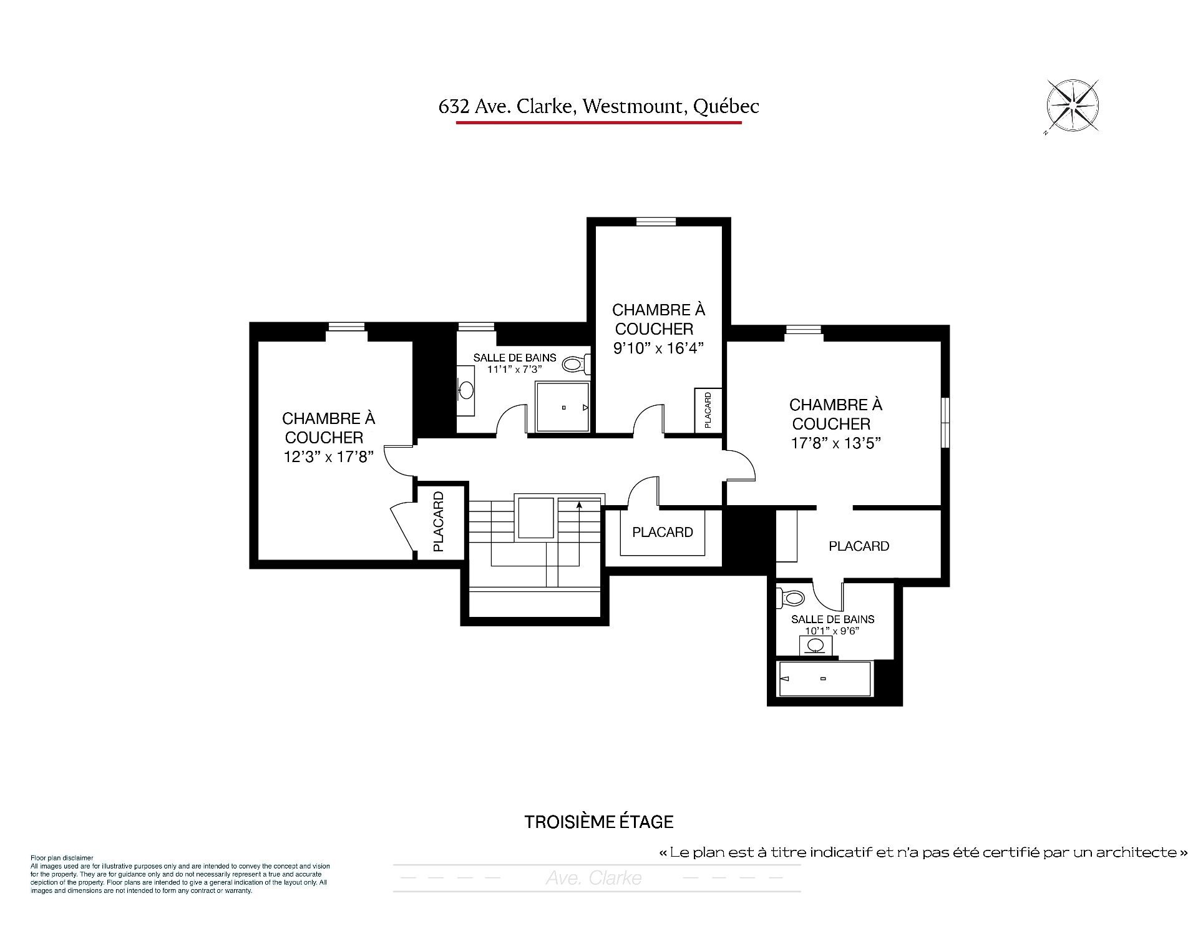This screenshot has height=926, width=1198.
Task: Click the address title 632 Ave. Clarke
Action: tap(506, 107)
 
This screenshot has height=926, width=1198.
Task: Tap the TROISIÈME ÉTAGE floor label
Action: tap(599, 822)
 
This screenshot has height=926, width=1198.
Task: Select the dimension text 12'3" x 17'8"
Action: tap(328, 457)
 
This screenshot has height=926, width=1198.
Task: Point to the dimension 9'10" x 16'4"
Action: tap(658, 348)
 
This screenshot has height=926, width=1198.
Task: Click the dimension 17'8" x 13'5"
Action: tap(835, 443)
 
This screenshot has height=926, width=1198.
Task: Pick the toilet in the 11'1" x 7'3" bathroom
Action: tap(576, 363)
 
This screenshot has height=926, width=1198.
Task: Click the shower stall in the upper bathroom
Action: tap(563, 407)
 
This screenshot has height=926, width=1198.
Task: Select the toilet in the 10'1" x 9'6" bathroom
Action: tap(791, 598)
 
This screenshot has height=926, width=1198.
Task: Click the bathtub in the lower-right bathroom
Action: tap(824, 679)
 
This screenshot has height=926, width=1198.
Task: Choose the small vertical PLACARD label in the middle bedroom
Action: tap(708, 410)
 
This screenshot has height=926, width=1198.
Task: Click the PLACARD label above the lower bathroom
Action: tap(859, 546)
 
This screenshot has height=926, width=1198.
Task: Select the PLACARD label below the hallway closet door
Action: tap(663, 532)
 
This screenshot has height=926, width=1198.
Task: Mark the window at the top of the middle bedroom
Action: tap(656, 221)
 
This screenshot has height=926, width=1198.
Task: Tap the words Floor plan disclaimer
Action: tap(62, 859)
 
